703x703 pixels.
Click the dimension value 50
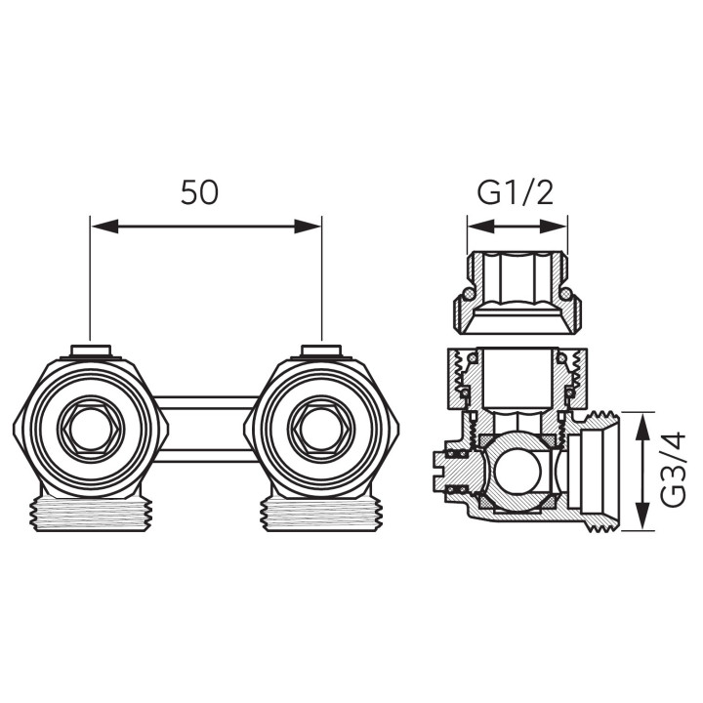[x=199, y=192]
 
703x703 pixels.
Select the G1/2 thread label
[x=515, y=192]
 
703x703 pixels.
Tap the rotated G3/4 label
[x=674, y=469]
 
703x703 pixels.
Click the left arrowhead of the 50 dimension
[x=104, y=227]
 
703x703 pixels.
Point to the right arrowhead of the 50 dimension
[x=308, y=227]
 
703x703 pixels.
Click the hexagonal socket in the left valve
[x=91, y=428]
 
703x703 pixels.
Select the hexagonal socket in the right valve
[x=322, y=428]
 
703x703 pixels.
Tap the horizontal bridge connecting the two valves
[x=206, y=429]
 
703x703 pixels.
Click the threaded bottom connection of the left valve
[x=92, y=515]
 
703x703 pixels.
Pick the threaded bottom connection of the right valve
[x=322, y=515]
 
